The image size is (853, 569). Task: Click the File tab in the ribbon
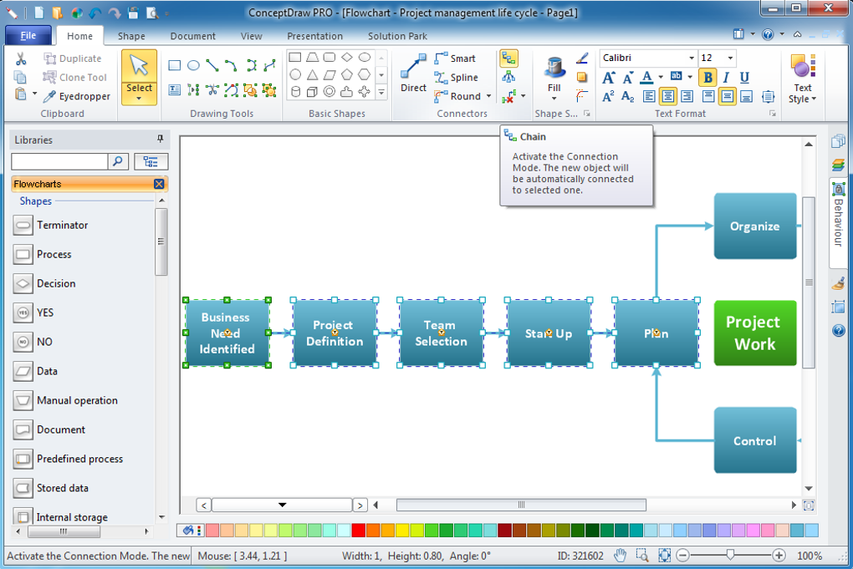[x=28, y=36]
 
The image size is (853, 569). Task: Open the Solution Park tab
[x=397, y=37]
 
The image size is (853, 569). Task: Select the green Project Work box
[x=755, y=333]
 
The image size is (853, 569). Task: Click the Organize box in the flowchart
[x=755, y=226]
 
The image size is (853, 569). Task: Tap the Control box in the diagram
[x=755, y=440]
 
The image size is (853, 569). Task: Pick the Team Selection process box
[x=442, y=333]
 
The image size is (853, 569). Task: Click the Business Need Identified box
[x=227, y=333]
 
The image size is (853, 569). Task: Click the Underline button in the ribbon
[x=744, y=78]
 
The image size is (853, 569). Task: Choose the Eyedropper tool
[x=77, y=96]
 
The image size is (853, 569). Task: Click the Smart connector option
[x=455, y=58]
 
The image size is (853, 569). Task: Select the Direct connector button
[x=413, y=74]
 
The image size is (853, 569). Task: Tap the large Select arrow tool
[x=140, y=77]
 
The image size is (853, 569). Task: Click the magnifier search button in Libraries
[x=118, y=161]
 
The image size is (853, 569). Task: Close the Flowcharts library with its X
[x=159, y=184]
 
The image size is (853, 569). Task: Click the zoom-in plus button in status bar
[x=779, y=555]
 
